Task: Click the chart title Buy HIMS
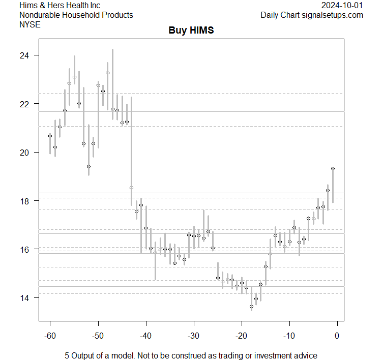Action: click(x=191, y=31)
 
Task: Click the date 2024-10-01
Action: click(x=342, y=5)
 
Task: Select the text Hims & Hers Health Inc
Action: click(x=60, y=5)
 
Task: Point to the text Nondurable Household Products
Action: click(x=76, y=15)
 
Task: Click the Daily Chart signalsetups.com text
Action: click(x=312, y=15)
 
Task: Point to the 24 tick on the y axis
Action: click(x=25, y=55)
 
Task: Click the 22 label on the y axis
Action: click(x=25, y=104)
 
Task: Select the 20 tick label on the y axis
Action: click(x=25, y=153)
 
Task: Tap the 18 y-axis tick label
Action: click(x=25, y=201)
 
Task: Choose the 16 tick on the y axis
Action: click(x=25, y=249)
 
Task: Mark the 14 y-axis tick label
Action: click(x=25, y=298)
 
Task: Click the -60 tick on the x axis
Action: click(x=50, y=336)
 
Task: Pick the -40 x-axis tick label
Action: click(x=145, y=336)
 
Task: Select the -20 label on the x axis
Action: click(x=241, y=336)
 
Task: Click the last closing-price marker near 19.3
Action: click(x=333, y=168)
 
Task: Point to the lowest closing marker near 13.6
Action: click(x=251, y=307)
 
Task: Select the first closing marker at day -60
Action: click(x=50, y=136)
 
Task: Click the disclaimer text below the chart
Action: click(x=191, y=355)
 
